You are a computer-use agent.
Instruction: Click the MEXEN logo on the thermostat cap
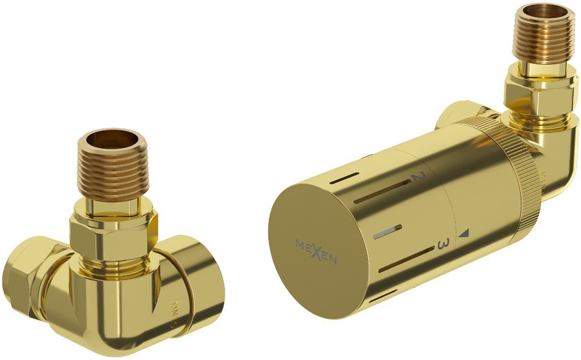click(x=317, y=252)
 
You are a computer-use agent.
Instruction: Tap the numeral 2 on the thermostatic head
click(x=417, y=178)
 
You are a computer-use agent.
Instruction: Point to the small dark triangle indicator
click(x=465, y=233)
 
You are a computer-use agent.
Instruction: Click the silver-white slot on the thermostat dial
click(x=388, y=230)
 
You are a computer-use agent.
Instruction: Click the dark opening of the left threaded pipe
click(x=113, y=139)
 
